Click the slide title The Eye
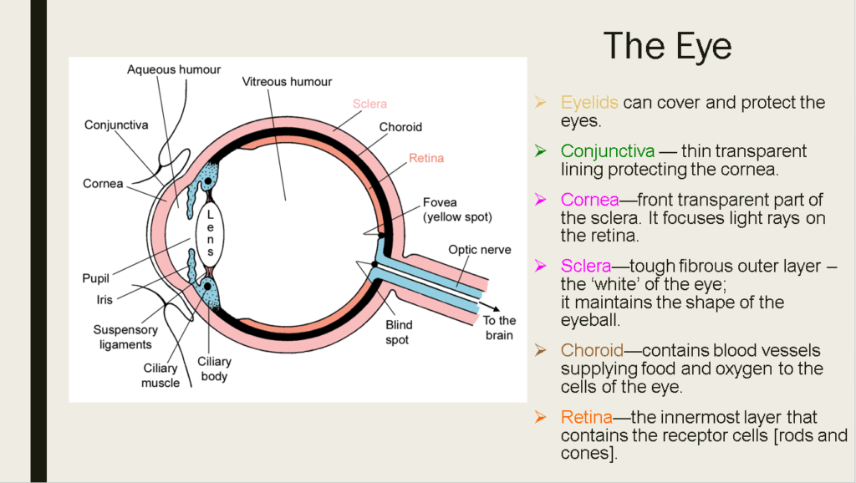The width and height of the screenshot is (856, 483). coord(667,46)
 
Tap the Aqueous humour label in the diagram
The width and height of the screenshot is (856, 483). coord(174,69)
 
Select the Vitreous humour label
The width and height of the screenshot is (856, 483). coord(287,82)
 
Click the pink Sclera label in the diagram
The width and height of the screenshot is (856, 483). coord(369,104)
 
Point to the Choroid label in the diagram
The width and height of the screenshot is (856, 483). coord(400,127)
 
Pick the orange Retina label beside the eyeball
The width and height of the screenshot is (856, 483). coord(426,157)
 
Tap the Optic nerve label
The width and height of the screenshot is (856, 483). coord(479,249)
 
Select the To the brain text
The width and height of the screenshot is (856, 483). coord(500,328)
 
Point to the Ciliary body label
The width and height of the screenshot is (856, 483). coord(214,369)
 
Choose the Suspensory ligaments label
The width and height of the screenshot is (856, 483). coord(125,337)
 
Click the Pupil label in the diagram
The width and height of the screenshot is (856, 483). coord(96,278)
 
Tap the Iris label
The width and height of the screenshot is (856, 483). coord(104,298)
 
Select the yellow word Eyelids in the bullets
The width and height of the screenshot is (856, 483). coord(589,103)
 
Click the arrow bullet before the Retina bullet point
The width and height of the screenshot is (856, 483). coord(542,417)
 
